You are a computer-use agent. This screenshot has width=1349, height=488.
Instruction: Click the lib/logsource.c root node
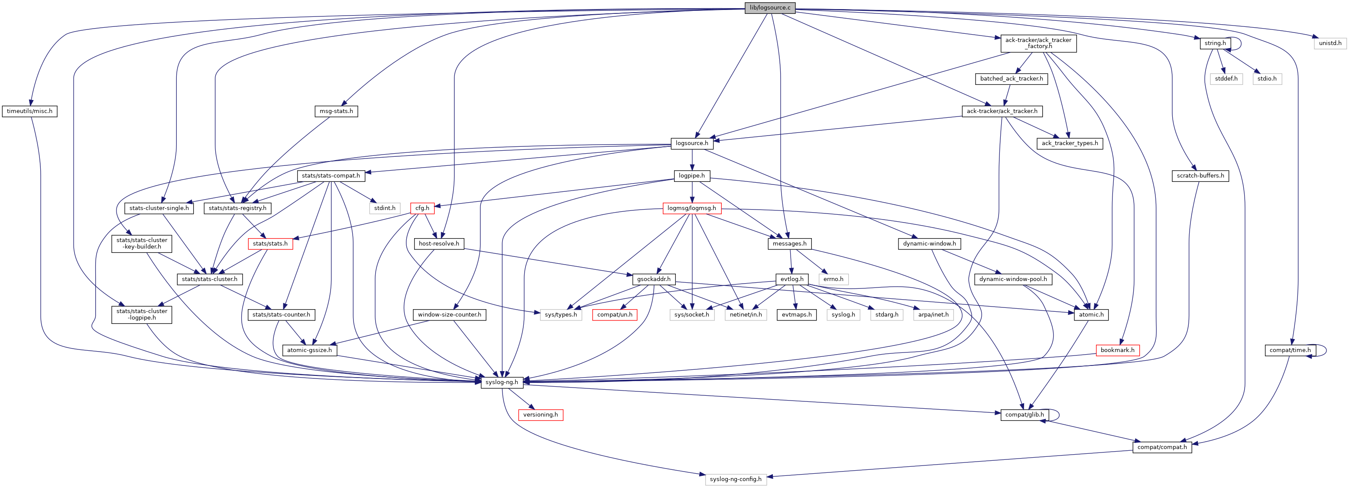coord(770,8)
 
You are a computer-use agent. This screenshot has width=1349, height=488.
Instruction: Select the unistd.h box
coord(1330,43)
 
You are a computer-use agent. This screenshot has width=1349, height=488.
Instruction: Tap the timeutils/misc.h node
coord(29,111)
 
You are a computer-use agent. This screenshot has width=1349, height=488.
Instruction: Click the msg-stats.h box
coord(336,111)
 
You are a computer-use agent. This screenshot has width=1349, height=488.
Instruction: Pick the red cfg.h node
coord(422,208)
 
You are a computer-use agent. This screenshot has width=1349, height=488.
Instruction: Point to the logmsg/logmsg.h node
coord(691,208)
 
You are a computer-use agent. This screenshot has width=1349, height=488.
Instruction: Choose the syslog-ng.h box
coord(502,382)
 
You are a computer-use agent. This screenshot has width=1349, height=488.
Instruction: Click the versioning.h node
coord(541,415)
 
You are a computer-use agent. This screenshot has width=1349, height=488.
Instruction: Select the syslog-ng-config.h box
coord(735,479)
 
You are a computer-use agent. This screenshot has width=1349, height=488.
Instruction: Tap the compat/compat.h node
coord(1161,447)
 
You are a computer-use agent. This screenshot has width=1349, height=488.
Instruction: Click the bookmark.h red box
coord(1117,350)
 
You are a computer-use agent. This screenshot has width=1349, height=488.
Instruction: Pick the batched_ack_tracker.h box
coord(1011,78)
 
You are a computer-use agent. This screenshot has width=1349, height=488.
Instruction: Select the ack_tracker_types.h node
coord(1069,143)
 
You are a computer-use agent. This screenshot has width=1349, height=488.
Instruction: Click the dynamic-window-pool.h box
coord(1013,279)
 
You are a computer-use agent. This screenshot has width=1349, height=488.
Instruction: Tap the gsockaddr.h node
coord(654,279)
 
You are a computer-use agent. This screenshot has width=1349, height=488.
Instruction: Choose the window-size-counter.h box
coord(449,315)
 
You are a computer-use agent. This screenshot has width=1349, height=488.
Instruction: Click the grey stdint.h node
coord(384,208)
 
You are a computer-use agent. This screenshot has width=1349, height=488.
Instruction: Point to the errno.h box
coord(833,279)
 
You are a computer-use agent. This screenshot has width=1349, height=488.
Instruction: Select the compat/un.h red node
coord(614,315)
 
